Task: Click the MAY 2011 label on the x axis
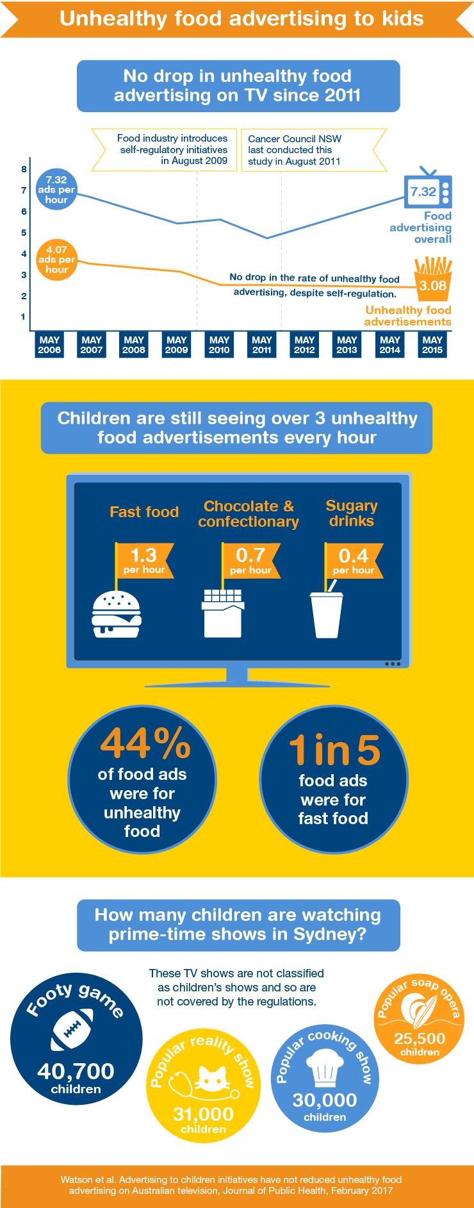(x=261, y=345)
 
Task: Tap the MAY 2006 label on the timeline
(x=49, y=345)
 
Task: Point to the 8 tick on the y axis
(x=24, y=169)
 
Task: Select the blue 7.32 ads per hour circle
(x=56, y=190)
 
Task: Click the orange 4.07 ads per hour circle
(x=56, y=260)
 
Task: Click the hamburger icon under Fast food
(x=117, y=614)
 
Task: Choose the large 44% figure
(x=146, y=743)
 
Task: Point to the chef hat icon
(x=326, y=1067)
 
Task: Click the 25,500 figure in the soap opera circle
(x=420, y=1038)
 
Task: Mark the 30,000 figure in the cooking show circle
(x=325, y=1100)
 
